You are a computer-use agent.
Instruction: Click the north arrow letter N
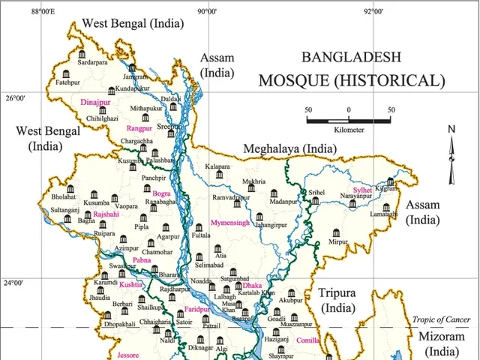pos(451,129)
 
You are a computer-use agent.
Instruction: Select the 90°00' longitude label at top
pos(207,11)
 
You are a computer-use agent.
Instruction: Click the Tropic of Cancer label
pos(441,319)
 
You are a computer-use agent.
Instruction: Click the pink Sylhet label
pos(362,190)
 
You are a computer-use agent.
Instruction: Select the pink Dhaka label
pos(253,286)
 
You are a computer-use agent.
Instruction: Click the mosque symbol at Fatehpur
pos(67,73)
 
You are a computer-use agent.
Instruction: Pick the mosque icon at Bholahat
pos(70,188)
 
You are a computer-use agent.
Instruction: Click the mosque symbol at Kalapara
pos(219,174)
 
